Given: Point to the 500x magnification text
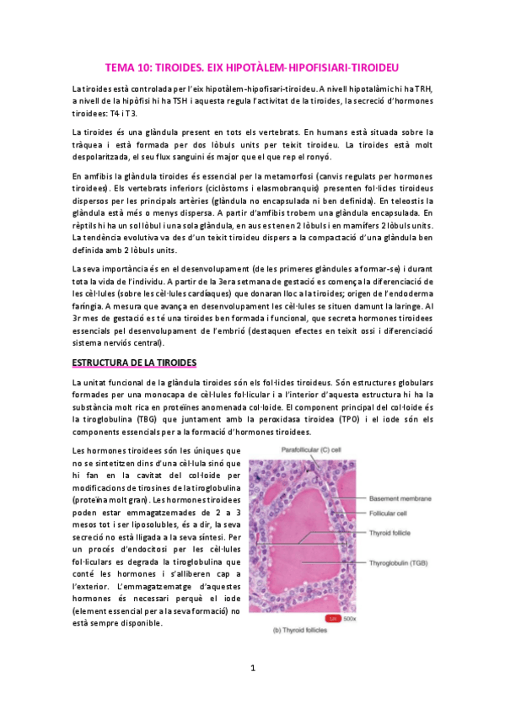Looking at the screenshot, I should pos(350,617).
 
